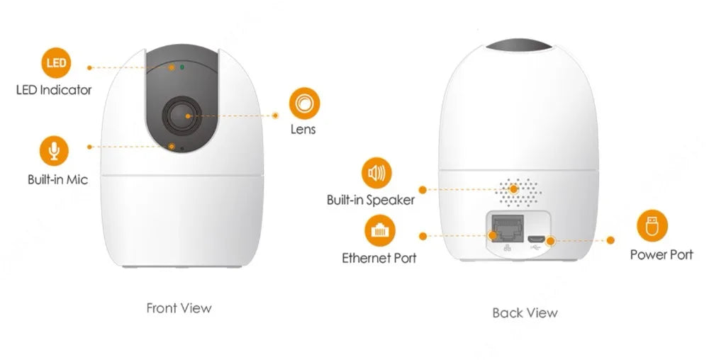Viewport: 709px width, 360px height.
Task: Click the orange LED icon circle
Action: (56, 63)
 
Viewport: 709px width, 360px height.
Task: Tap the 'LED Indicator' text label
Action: (54, 90)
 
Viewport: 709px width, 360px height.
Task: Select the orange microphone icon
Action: (53, 151)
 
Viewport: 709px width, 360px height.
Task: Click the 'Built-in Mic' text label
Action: (57, 180)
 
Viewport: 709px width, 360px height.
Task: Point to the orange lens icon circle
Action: (303, 103)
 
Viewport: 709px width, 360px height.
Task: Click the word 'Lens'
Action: (303, 130)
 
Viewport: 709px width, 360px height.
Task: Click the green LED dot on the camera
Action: (182, 67)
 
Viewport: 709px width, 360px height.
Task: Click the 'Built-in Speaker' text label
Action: (370, 200)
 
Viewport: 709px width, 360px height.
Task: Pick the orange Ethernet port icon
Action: (380, 231)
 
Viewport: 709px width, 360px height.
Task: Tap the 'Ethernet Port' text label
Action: (379, 258)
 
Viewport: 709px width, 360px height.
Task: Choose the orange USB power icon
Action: (652, 226)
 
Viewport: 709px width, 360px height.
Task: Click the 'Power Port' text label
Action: (661, 254)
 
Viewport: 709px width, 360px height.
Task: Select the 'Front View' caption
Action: (179, 308)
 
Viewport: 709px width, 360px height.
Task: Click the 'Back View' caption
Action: (525, 313)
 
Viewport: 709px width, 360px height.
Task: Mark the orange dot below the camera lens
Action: (172, 146)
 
